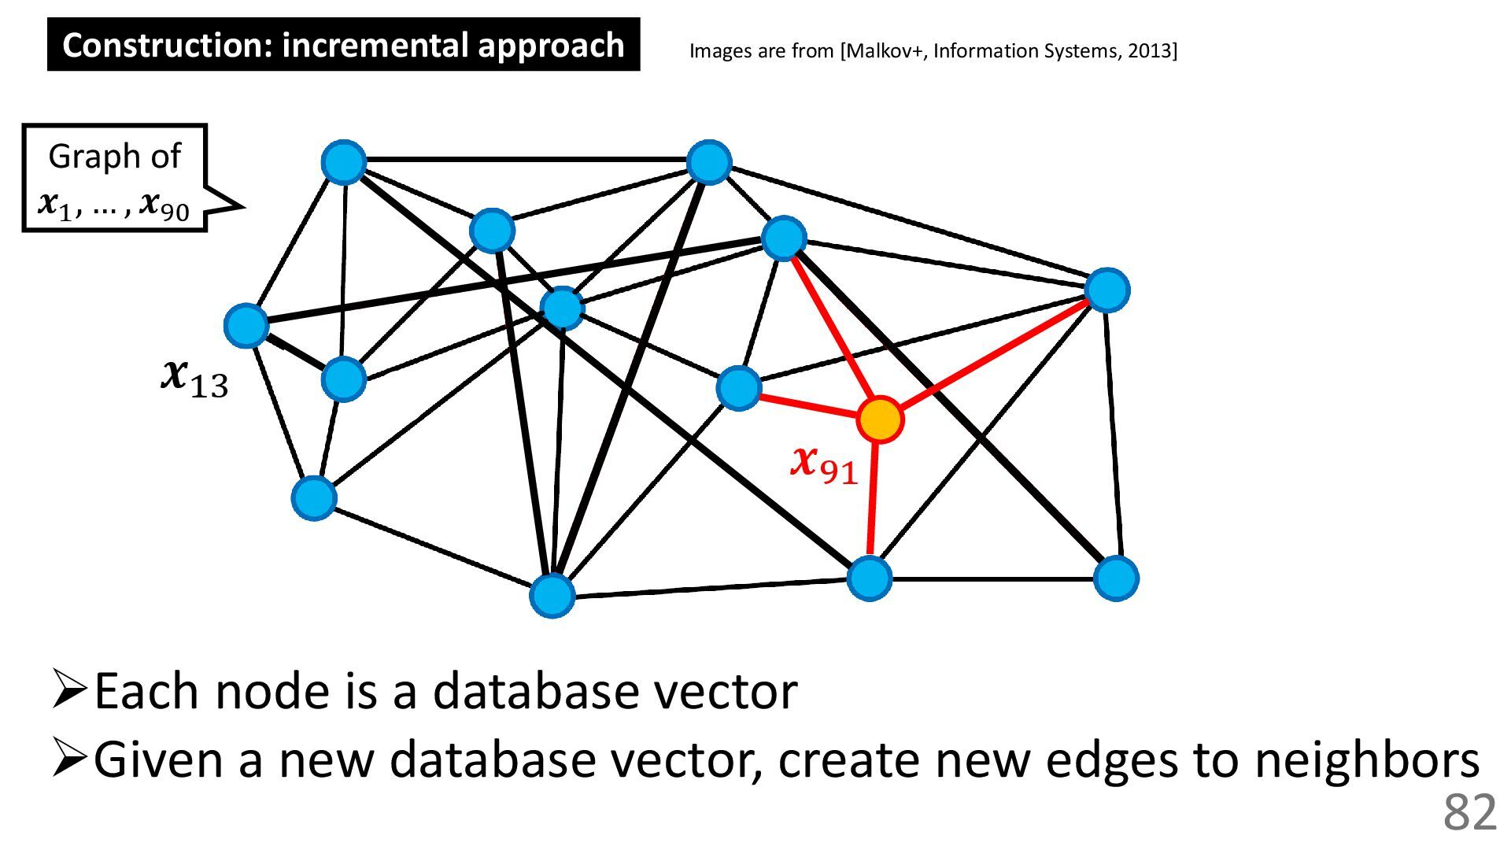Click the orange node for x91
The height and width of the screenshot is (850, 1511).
click(880, 419)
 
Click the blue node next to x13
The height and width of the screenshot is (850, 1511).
click(246, 325)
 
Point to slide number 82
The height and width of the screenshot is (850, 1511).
click(1469, 812)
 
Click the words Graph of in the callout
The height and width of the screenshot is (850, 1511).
click(114, 156)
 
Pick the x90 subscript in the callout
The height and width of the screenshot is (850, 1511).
click(164, 206)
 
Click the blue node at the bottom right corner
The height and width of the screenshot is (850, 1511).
click(1116, 578)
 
